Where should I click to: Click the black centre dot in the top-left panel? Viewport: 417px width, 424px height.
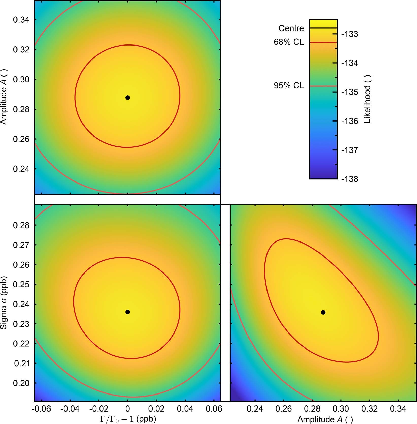point(128,98)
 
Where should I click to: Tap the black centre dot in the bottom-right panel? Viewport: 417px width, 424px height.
point(323,312)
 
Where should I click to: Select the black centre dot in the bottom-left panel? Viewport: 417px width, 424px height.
point(128,312)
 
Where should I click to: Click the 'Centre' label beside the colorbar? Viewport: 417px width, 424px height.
point(291,28)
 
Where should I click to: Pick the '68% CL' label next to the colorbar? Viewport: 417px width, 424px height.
point(289,42)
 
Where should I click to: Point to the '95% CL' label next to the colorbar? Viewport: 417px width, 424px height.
point(289,86)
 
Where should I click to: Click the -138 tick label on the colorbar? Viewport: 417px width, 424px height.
point(349,179)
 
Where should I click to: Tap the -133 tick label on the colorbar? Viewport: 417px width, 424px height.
point(349,34)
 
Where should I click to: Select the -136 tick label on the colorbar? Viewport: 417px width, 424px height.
point(349,121)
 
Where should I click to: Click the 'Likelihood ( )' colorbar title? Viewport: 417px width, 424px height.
point(367,99)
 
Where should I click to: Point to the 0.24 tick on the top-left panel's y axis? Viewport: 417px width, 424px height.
point(21,169)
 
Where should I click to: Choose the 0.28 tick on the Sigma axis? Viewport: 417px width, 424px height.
point(21,225)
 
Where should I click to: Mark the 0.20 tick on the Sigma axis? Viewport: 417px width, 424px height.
point(21,383)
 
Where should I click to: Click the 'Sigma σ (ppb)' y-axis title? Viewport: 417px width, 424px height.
point(4,302)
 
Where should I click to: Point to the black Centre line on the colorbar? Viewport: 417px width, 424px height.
point(323,28)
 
